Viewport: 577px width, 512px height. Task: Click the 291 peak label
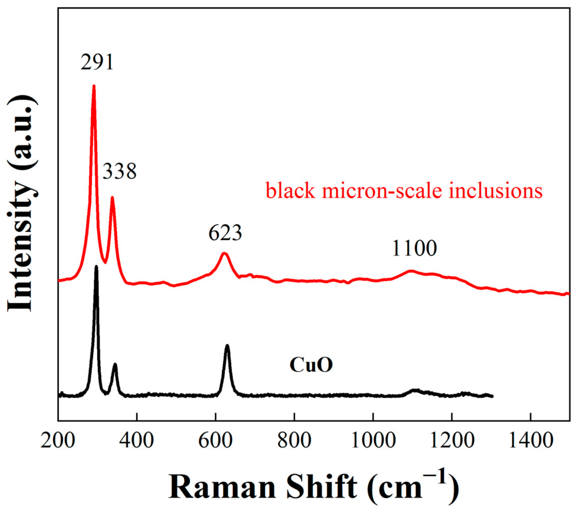click(x=97, y=62)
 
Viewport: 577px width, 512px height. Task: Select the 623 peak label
click(x=225, y=233)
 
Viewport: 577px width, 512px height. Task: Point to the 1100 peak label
click(x=414, y=248)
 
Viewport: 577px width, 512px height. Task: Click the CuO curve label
click(x=311, y=365)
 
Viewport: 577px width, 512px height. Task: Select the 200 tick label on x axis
click(x=58, y=441)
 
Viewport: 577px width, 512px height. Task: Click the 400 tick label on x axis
click(x=137, y=441)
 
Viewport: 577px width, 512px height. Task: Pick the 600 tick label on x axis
click(x=216, y=441)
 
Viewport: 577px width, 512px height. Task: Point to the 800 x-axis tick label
click(x=294, y=441)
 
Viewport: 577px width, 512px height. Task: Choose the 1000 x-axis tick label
click(x=373, y=441)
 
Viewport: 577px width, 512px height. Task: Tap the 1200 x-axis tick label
click(x=452, y=441)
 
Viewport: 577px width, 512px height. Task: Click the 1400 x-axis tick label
click(x=531, y=441)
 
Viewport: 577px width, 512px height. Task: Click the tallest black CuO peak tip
click(x=96, y=266)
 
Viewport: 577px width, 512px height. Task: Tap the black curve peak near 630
click(x=227, y=346)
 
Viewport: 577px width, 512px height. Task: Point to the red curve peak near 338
click(x=112, y=198)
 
